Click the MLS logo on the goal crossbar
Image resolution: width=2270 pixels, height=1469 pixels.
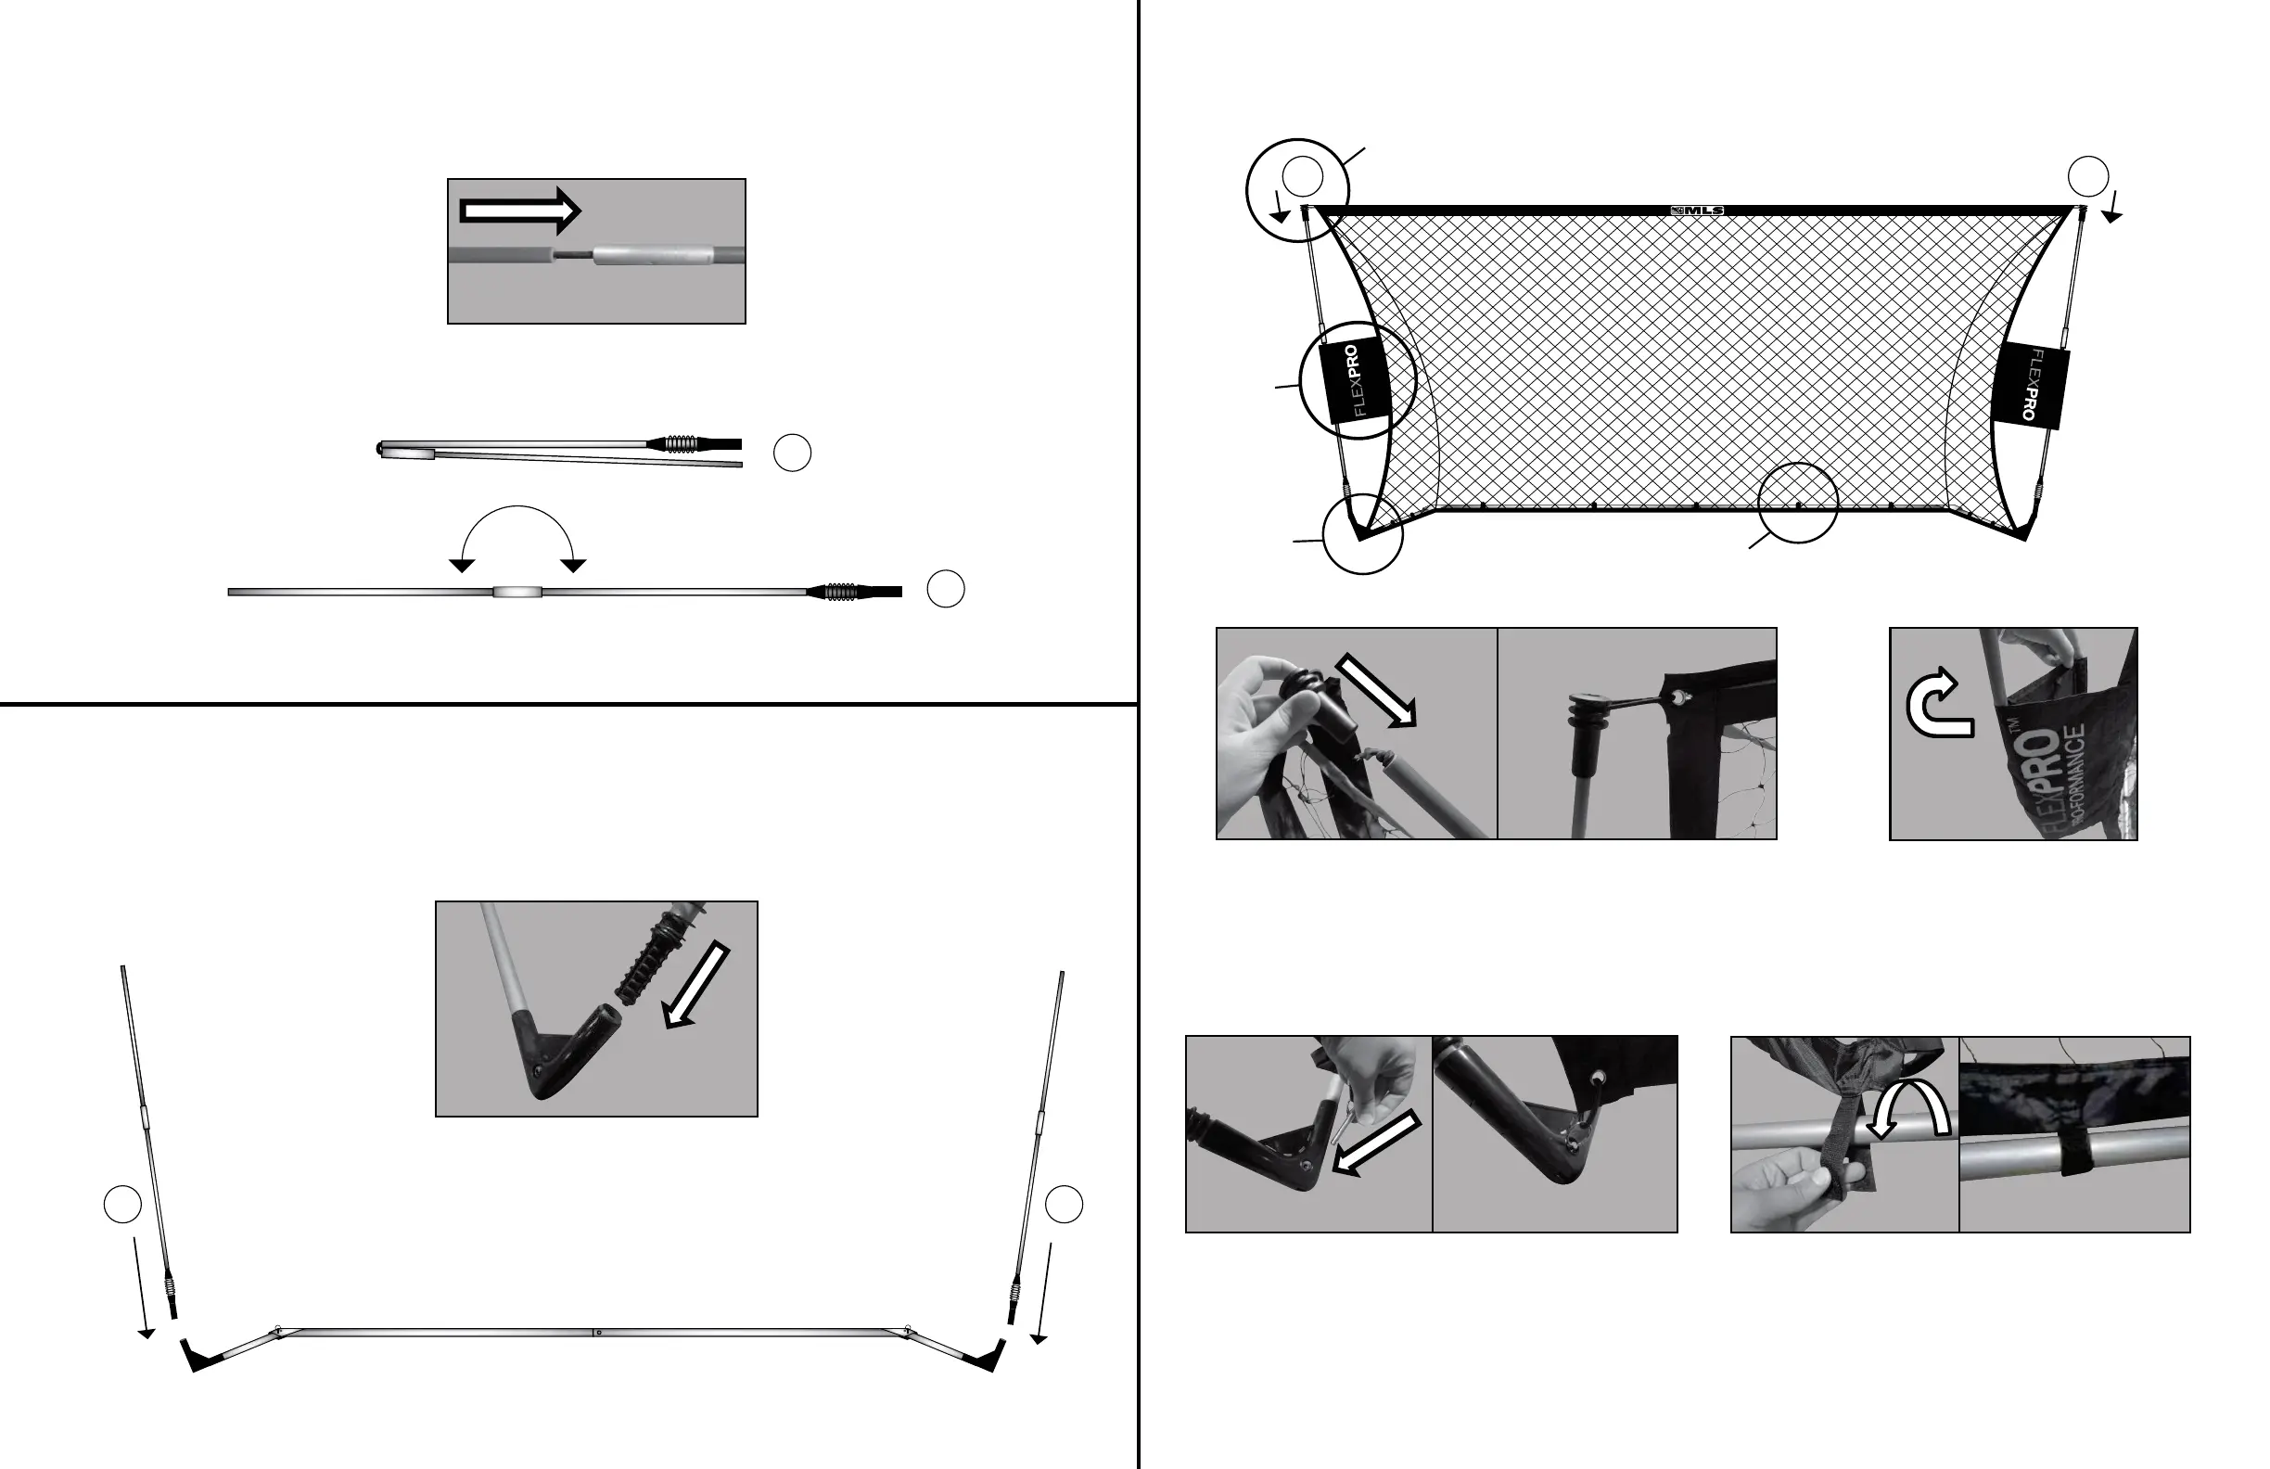pos(1697,211)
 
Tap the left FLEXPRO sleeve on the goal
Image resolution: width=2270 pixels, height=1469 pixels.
pos(1353,379)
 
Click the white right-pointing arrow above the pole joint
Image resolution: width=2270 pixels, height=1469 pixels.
pos(520,211)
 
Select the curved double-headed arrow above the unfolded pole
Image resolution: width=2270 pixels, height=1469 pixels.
pos(516,534)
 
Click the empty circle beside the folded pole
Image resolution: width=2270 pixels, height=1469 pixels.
pos(792,453)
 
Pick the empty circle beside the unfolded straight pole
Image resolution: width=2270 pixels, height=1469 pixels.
pos(945,590)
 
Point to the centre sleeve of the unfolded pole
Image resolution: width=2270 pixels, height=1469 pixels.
pos(516,593)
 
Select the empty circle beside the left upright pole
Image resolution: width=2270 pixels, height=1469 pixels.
pos(122,1205)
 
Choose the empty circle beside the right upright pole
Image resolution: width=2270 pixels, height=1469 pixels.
pos(1064,1205)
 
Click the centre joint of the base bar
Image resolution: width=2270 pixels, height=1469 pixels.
pos(595,1332)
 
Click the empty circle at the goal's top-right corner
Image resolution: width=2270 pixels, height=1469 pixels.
pos(2087,175)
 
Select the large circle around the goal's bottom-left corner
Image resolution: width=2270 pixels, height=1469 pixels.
pos(1362,534)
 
